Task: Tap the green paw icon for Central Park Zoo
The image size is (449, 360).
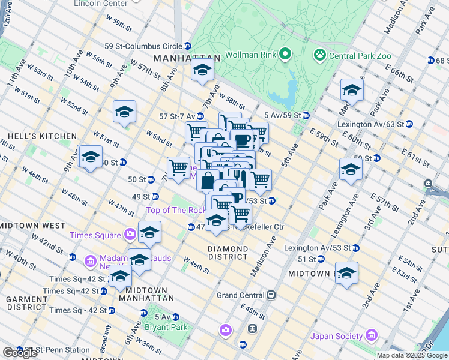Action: point(319,55)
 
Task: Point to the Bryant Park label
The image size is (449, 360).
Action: point(165,328)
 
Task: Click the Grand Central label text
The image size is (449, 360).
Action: point(240,295)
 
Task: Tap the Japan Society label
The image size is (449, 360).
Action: point(337,336)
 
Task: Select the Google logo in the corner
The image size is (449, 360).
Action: point(20,353)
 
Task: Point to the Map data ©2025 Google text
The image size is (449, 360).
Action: point(411,355)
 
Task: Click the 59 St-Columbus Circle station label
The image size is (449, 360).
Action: point(143,46)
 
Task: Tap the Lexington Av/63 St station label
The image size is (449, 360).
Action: point(371,124)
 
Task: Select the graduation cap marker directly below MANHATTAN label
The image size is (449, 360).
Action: point(202,70)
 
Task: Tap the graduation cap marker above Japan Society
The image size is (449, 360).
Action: point(346,273)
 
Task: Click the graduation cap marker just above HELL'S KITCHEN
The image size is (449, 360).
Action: point(124,112)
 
